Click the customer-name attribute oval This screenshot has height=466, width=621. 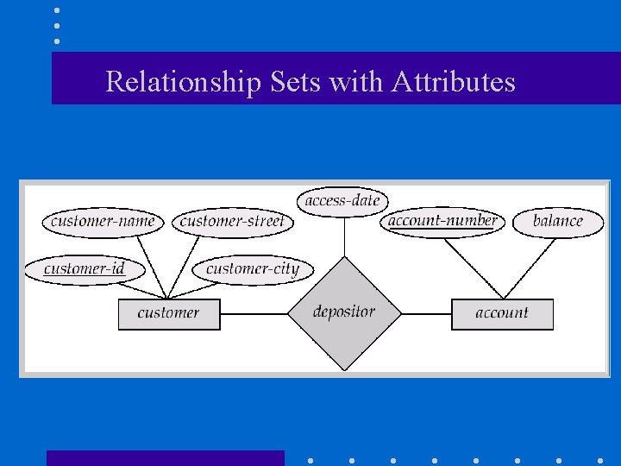pyautogui.click(x=103, y=221)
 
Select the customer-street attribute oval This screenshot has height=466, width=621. pyautogui.click(x=233, y=221)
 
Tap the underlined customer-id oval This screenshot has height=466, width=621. pyautogui.click(x=84, y=268)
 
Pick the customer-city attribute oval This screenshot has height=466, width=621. pyautogui.click(x=252, y=268)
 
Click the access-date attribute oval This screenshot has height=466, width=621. pyautogui.click(x=342, y=201)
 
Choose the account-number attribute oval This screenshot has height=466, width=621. pyautogui.click(x=442, y=220)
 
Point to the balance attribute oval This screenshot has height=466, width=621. pyautogui.click(x=558, y=221)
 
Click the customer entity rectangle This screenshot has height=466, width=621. pyautogui.click(x=169, y=313)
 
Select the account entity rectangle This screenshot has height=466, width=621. pyautogui.click(x=502, y=313)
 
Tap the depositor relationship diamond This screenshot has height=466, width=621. pyautogui.click(x=344, y=312)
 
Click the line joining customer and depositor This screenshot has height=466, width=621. pyautogui.click(x=254, y=313)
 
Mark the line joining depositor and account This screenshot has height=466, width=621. pyautogui.click(x=426, y=313)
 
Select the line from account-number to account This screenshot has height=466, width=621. pyautogui.click(x=474, y=266)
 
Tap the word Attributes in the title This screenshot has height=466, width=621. pyautogui.click(x=453, y=82)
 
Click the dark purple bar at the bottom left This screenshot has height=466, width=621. pyautogui.click(x=165, y=457)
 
